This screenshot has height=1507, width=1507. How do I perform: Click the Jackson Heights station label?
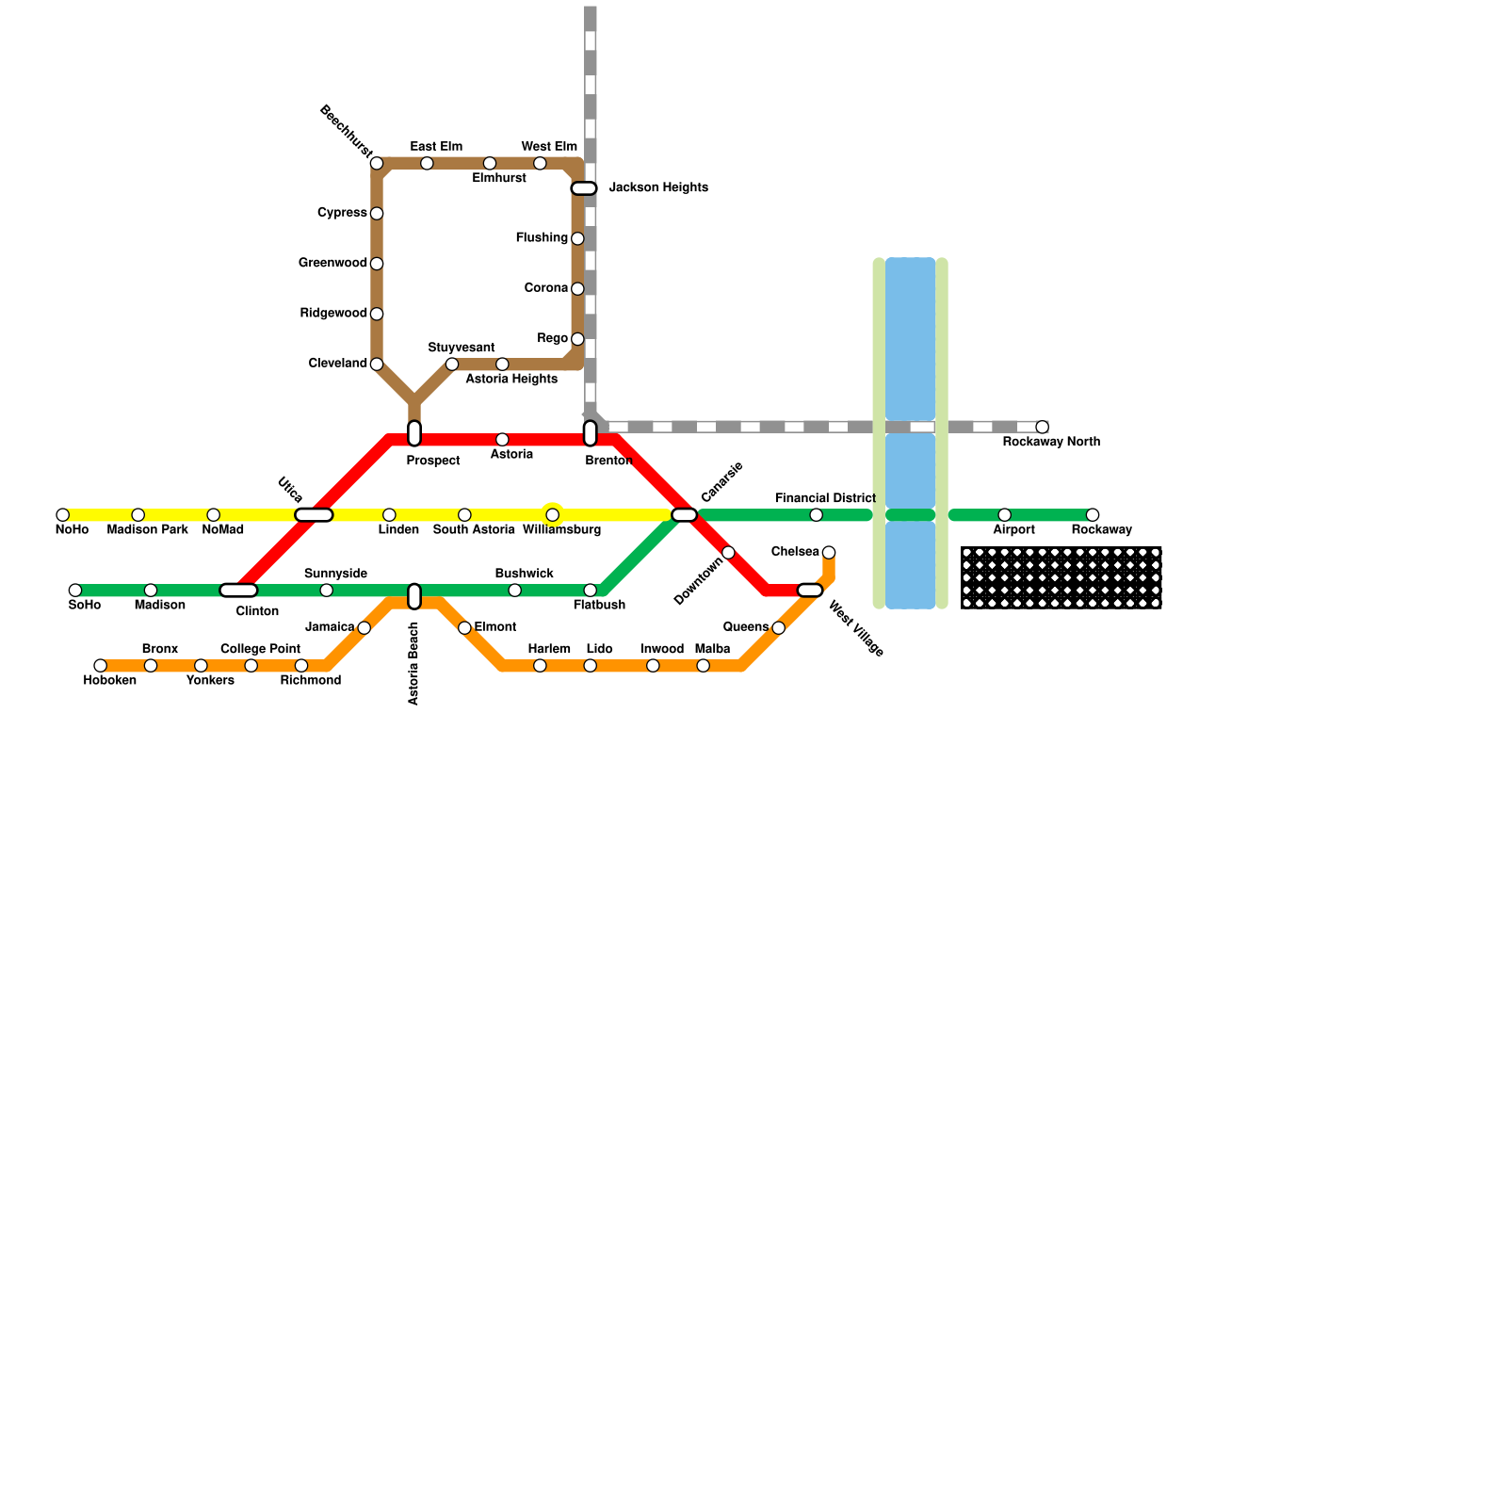[657, 188]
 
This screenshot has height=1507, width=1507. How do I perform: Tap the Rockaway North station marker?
[1042, 428]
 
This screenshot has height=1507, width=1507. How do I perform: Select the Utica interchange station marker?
[314, 515]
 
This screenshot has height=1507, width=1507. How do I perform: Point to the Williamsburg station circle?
[553, 515]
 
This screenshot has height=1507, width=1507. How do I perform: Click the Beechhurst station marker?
[377, 164]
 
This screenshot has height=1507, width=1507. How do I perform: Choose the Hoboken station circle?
[101, 666]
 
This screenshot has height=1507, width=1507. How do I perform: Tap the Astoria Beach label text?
[414, 663]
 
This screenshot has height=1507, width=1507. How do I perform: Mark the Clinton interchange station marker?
[238, 591]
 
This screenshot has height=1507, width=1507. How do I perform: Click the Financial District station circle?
[817, 515]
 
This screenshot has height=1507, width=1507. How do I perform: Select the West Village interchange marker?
[810, 591]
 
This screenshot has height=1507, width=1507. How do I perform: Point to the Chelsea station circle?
[829, 553]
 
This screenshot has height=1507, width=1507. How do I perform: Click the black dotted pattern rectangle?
[1061, 577]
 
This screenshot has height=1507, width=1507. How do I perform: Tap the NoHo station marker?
[63, 515]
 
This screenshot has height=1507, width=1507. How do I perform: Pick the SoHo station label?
[85, 606]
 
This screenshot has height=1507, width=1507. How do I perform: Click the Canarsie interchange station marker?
[685, 515]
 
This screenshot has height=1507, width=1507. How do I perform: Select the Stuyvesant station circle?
[452, 365]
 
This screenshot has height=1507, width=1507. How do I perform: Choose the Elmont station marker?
[464, 628]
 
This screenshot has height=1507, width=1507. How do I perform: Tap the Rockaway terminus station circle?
[1093, 515]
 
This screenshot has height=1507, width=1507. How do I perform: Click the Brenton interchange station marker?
[591, 433]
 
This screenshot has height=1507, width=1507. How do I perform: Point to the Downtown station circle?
[728, 553]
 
